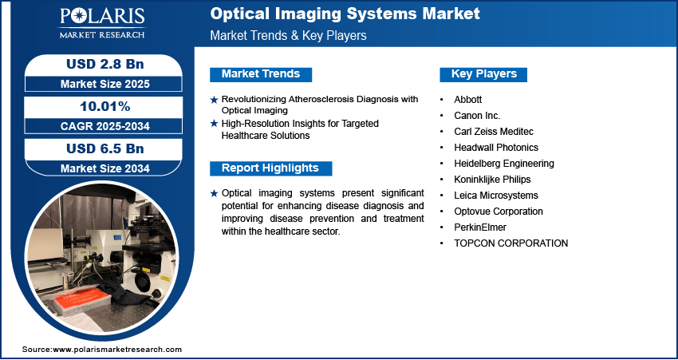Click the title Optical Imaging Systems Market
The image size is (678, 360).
point(345,14)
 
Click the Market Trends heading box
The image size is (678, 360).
point(261,74)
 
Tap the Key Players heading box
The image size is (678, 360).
point(484,74)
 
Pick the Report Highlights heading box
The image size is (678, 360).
point(270,168)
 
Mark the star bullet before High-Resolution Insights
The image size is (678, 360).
point(214,124)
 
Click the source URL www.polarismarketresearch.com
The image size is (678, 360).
point(117,350)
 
